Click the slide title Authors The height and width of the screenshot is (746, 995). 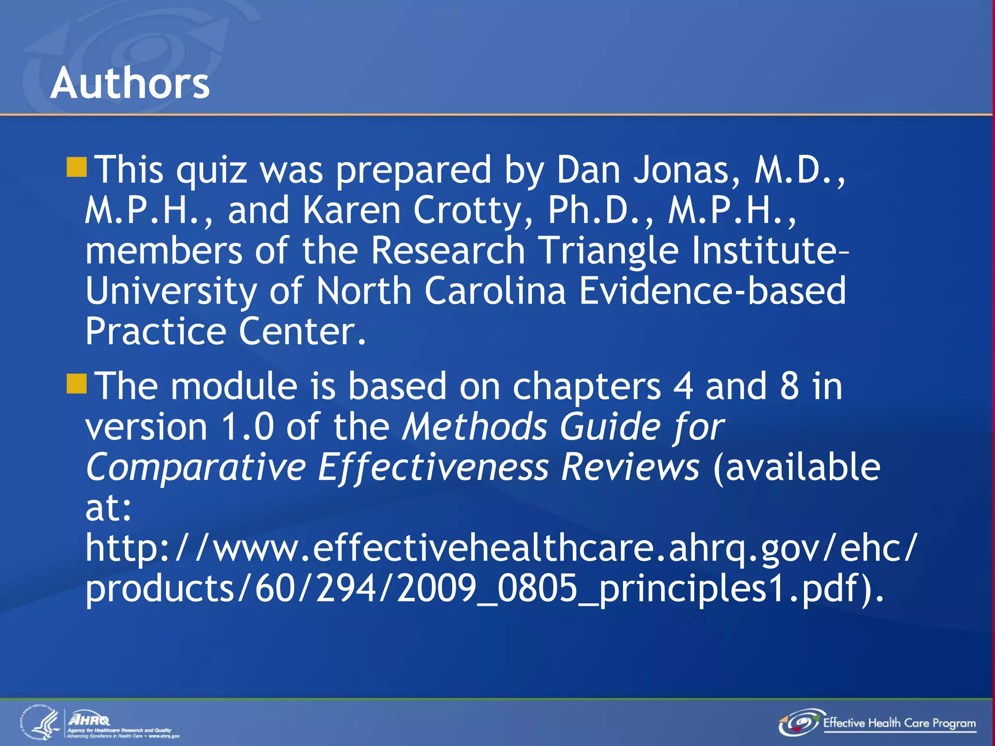click(x=130, y=83)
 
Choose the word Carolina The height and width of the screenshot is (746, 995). click(x=495, y=290)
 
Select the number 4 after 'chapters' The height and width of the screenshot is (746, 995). click(x=683, y=386)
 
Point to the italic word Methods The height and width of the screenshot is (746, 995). click(x=474, y=426)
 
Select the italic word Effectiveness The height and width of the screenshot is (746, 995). click(x=433, y=467)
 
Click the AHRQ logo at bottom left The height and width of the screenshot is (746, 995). click(x=89, y=719)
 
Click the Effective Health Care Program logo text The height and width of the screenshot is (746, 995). click(x=899, y=723)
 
